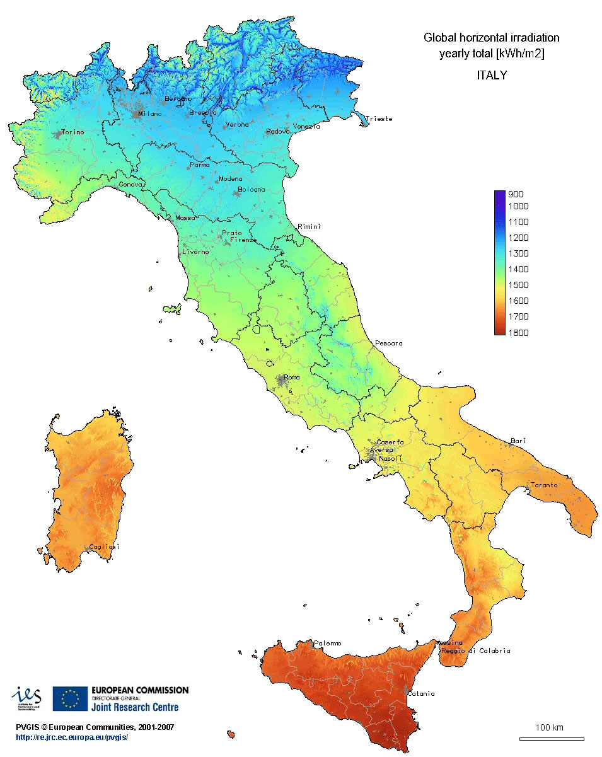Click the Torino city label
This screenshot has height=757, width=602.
[x=72, y=132]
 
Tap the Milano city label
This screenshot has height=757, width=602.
[x=150, y=114]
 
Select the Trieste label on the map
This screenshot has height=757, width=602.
[x=379, y=118]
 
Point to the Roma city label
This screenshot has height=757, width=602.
[x=291, y=378]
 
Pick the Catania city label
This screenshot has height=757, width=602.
[x=421, y=694]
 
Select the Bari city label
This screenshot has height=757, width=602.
[x=518, y=441]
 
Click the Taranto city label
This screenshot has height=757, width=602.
[x=543, y=485]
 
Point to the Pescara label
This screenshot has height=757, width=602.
[x=388, y=344]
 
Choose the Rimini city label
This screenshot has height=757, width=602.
[x=309, y=226]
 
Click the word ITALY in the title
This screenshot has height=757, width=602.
[x=491, y=76]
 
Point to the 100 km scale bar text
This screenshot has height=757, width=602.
[x=549, y=728]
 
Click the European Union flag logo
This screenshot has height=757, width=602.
[x=70, y=698]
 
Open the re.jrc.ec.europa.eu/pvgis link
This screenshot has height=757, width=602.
[x=72, y=737]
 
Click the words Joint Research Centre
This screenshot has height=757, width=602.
[x=135, y=707]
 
